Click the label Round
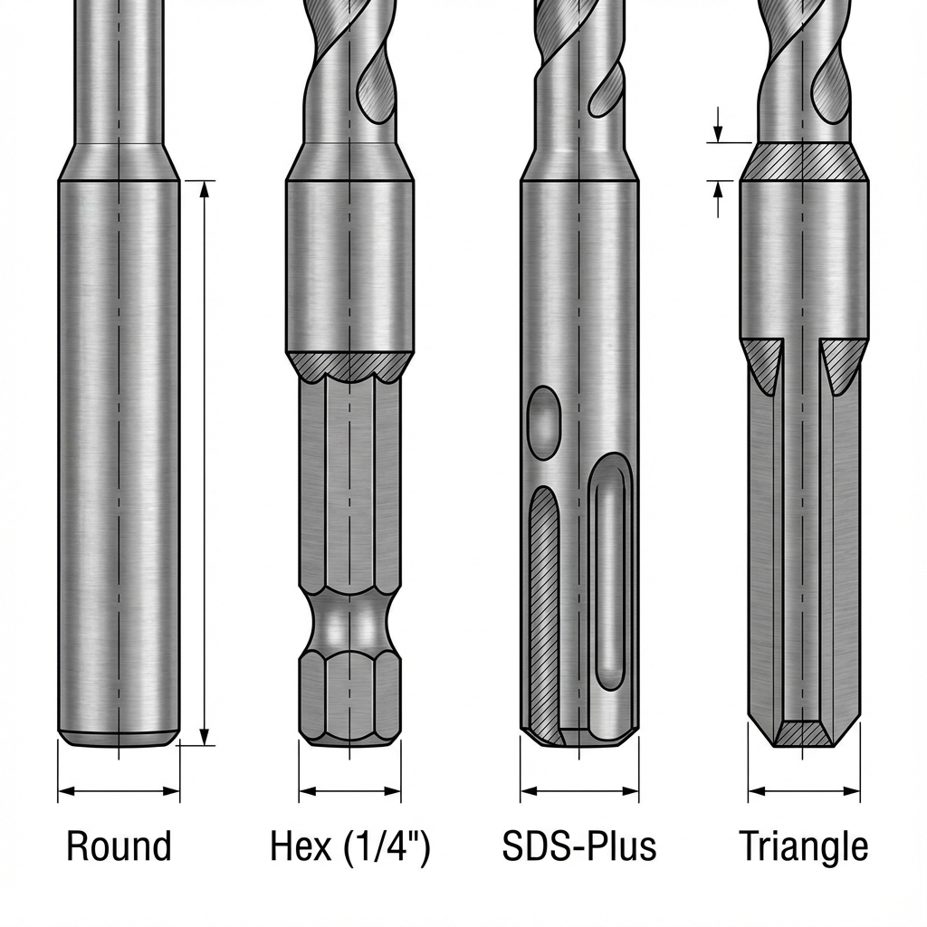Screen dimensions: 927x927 119,846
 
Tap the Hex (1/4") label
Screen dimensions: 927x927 350,847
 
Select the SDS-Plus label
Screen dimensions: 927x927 578,846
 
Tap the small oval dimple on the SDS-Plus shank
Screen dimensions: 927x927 544,422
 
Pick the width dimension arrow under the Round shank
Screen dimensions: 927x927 119,790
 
